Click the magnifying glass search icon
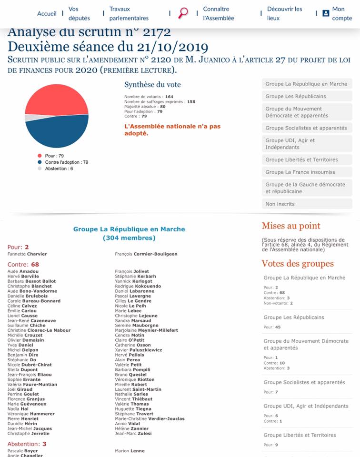pyautogui.click(x=183, y=13)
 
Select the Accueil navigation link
pyautogui.click(x=47, y=14)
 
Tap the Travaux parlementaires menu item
pyautogui.click(x=129, y=13)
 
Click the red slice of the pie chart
pyautogui.click(x=55, y=98)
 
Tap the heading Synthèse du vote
pyautogui.click(x=152, y=85)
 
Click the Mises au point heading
pyautogui.click(x=291, y=226)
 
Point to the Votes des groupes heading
pyautogui.click(x=298, y=264)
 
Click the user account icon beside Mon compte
pyautogui.click(x=326, y=13)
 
